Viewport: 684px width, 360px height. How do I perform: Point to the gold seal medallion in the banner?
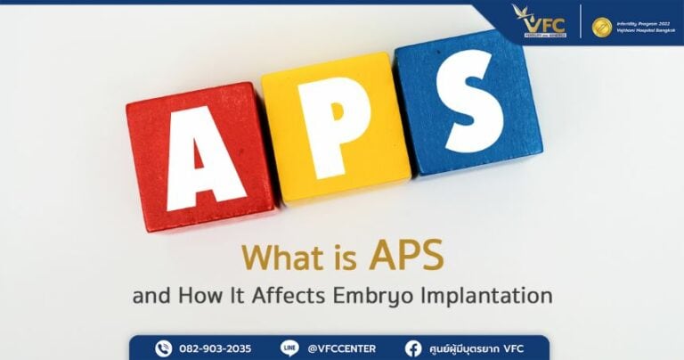pos(602,28)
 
